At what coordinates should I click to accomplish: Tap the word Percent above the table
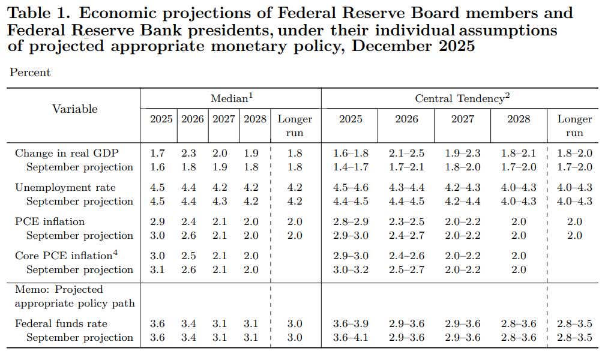(x=30, y=73)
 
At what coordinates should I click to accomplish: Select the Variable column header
(x=74, y=109)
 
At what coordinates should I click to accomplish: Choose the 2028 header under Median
(x=255, y=119)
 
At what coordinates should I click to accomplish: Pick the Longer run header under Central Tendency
(x=574, y=125)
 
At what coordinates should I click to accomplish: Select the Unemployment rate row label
(x=65, y=188)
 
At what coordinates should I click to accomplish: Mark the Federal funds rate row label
(x=61, y=324)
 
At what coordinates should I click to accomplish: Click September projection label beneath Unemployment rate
(x=79, y=201)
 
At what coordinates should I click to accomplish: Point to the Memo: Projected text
(x=59, y=290)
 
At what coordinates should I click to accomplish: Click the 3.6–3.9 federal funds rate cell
(x=351, y=324)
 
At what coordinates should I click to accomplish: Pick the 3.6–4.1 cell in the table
(x=351, y=337)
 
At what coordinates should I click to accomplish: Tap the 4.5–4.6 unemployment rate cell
(x=351, y=188)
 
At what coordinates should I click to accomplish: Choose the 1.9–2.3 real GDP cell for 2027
(x=462, y=154)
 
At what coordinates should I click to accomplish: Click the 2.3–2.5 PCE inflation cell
(x=406, y=222)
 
